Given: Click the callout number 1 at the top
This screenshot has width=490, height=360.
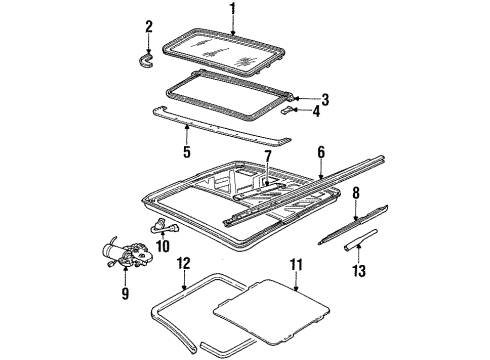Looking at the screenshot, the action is [233, 9].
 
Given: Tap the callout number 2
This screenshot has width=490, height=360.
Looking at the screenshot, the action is [149, 27].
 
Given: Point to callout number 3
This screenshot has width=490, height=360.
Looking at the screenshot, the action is [325, 99].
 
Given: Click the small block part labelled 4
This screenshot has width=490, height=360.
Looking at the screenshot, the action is [288, 110].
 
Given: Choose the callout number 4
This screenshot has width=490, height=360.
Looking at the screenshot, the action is [316, 111].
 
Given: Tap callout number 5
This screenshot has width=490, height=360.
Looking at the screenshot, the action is [187, 151].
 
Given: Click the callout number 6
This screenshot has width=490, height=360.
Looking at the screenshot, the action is [321, 152].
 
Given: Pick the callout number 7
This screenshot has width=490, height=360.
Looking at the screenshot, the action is [268, 158].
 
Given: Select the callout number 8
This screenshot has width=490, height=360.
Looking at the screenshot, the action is [356, 193].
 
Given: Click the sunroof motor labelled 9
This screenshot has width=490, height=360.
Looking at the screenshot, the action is [128, 255].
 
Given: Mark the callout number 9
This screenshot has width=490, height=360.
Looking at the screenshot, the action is [125, 293].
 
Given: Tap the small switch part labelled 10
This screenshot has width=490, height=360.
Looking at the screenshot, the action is [164, 227].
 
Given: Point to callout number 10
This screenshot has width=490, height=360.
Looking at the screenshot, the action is [163, 246].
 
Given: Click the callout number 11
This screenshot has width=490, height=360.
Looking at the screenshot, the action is [296, 265].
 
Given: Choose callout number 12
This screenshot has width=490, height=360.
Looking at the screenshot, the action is [183, 263].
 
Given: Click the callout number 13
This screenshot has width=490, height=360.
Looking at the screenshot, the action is [359, 270].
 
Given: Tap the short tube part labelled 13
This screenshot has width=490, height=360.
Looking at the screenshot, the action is [360, 239].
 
